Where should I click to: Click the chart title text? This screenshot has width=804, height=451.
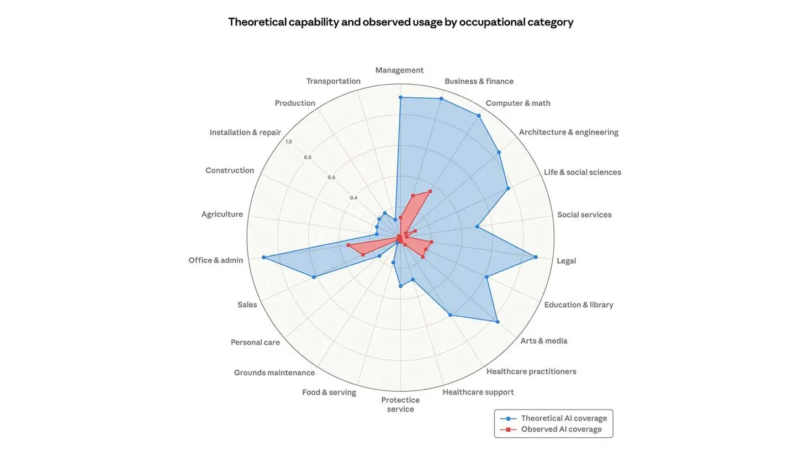pos(401,22)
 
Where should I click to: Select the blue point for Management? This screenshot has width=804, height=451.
pos(400,97)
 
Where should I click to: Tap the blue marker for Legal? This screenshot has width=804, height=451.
pos(536,257)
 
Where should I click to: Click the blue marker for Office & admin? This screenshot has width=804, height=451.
pos(263,257)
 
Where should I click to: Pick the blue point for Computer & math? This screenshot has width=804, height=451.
pos(479,116)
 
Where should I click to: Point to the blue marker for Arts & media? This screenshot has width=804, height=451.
pos(498,322)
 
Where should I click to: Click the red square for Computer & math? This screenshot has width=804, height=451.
pos(430,191)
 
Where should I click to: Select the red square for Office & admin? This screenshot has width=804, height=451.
pos(348,245)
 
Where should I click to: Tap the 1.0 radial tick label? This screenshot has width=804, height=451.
pos(289,141)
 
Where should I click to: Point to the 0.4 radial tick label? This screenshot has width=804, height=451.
pos(353,198)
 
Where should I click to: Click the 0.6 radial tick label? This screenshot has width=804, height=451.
pos(331,177)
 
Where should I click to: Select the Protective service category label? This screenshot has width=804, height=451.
pos(400,405)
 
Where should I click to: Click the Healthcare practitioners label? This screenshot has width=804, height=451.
pos(531,371)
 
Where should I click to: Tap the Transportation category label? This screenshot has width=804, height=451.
pos(334,81)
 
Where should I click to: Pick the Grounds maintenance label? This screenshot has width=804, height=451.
pos(274,373)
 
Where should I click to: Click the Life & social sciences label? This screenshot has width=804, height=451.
pos(583,172)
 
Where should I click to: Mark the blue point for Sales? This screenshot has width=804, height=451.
pos(314,277)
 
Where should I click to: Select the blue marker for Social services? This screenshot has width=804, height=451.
pos(477,227)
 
